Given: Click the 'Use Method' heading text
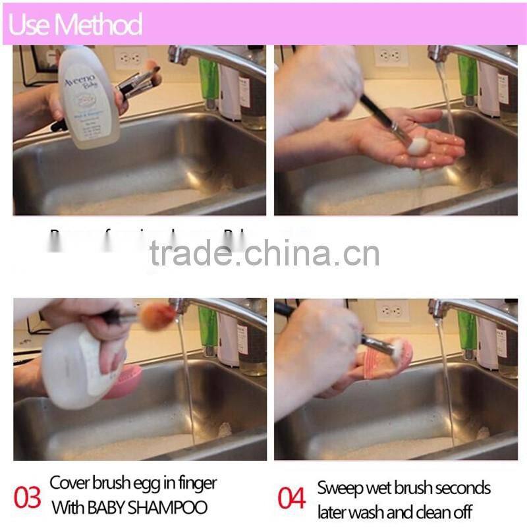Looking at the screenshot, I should pyautogui.click(x=76, y=24).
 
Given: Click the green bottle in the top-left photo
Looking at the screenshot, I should pyautogui.click(x=209, y=79).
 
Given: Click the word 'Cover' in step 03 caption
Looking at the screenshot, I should pyautogui.click(x=69, y=483).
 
